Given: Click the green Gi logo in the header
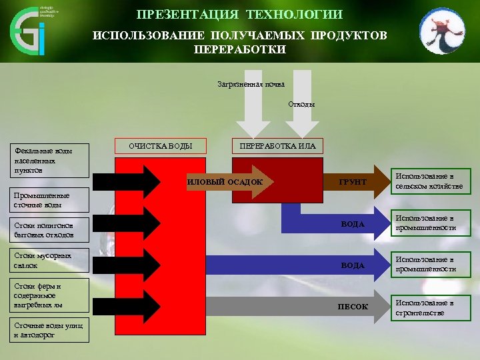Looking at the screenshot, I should tap(28, 31).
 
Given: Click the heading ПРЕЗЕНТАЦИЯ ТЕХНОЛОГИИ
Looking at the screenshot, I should tap(239, 15).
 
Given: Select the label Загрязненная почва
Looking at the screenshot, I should tap(251, 84).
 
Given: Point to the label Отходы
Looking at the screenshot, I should tap(301, 105).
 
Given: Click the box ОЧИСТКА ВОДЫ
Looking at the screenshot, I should tap(161, 146).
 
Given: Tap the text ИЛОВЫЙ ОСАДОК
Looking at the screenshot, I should tap(225, 182).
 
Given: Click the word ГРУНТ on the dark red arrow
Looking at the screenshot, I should tap(353, 182).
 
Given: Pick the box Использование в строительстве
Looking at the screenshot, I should tap(429, 307).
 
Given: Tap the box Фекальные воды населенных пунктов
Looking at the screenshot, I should tap(51, 161).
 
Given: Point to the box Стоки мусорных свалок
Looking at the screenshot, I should tap(51, 261).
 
